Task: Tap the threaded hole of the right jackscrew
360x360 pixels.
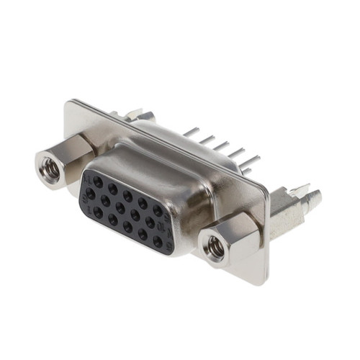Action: pyautogui.click(x=215, y=247)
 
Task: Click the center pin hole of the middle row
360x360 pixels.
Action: pyautogui.click(x=120, y=208)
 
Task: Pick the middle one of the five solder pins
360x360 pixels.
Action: pyautogui.click(x=220, y=145)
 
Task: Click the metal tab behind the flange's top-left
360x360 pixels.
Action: pyautogui.click(x=137, y=115)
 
